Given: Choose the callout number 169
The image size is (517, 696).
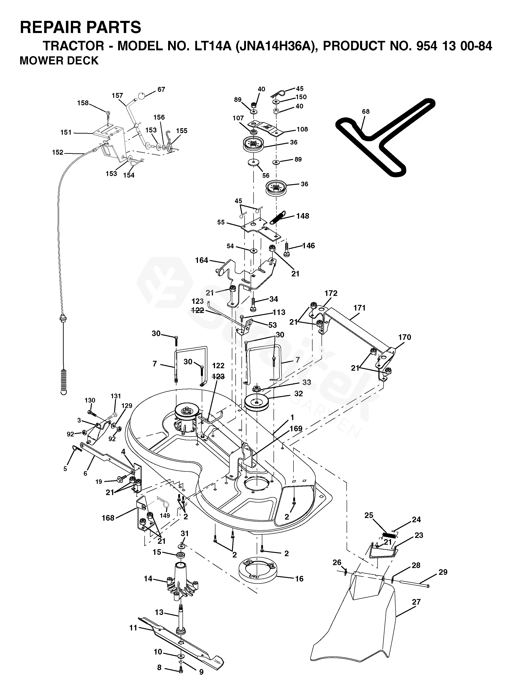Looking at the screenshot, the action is pyautogui.click(x=296, y=428).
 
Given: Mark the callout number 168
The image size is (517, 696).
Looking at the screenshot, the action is pyautogui.click(x=108, y=518).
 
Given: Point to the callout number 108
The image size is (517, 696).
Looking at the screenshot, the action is pyautogui.click(x=302, y=129).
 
